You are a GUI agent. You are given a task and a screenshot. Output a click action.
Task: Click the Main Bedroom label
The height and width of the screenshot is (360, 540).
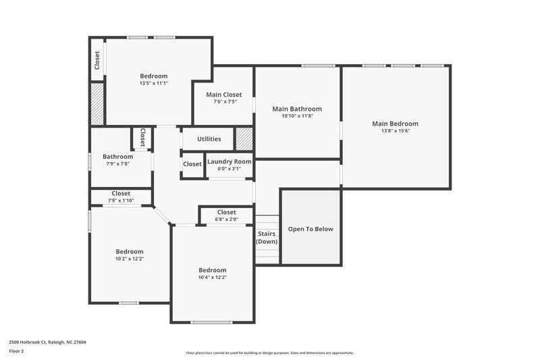coord(395,124)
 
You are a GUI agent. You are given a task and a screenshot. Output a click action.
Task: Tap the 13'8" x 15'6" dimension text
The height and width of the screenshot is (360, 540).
coord(395,131)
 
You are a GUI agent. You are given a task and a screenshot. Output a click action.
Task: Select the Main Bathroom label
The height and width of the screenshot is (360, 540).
coord(296,109)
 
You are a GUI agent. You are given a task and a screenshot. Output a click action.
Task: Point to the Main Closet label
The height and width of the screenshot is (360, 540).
coord(223,95)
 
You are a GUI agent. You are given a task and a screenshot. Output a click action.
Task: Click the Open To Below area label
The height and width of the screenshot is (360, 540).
coord(310,229)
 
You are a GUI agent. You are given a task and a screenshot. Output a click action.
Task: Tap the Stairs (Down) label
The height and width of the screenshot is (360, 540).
coord(267,237)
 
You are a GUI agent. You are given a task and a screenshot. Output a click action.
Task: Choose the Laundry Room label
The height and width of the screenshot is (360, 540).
coord(229,161)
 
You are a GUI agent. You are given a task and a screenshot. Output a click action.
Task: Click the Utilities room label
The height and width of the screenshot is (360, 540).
coord(209,139)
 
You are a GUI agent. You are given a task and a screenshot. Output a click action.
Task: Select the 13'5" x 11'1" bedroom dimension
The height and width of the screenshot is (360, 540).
coord(153,84)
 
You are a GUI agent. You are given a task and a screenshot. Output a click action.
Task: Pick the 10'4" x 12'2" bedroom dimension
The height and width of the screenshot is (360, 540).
coord(212,277)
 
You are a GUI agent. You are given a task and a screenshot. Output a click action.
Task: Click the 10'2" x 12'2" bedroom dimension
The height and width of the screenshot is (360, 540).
coord(129,259)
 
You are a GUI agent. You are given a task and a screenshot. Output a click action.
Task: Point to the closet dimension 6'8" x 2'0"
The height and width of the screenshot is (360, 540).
coord(226,219)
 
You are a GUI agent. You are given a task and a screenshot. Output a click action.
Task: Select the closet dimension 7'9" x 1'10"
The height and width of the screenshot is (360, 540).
coord(121,201)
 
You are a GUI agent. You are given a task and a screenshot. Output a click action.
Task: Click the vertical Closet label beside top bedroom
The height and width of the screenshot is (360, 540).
coord(97,61)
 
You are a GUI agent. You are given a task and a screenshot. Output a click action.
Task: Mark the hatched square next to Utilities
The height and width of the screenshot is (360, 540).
coord(244,139)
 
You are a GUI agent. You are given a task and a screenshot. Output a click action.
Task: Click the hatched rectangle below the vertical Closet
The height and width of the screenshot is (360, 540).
coord(97,103)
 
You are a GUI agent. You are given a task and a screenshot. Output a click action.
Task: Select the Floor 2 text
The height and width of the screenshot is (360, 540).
coord(17,351)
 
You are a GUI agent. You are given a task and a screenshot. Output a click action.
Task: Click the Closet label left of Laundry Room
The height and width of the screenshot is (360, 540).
coord(192,164)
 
